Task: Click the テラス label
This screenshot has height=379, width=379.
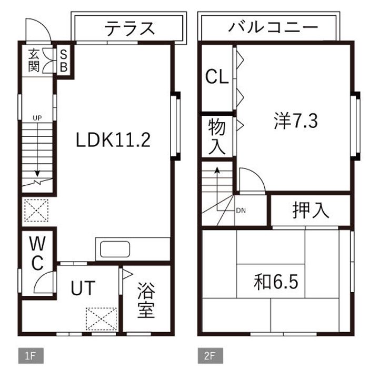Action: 129,28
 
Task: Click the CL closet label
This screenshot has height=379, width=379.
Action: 216,77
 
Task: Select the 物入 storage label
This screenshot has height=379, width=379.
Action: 216,136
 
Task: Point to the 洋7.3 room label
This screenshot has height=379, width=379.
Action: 295,122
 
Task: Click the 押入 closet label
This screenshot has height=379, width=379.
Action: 311,210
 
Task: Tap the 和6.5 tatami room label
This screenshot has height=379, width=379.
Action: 276,282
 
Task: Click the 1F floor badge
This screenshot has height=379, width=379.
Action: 30,356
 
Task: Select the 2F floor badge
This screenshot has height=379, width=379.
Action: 210,356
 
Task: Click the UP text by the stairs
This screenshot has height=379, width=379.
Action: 37,117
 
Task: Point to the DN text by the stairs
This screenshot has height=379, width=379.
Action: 241,211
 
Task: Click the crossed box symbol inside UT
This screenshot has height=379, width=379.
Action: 102,318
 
